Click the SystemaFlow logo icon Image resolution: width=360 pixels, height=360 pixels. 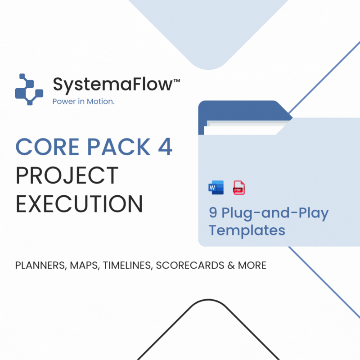29,89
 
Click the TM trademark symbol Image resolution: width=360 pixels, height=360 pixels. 176,81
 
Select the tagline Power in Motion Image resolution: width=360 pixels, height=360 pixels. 83,101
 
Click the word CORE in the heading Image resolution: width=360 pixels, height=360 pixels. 47,147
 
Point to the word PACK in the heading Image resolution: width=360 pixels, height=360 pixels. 119,147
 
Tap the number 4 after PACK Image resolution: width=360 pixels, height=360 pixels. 165,147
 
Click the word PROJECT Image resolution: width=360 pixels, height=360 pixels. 67,175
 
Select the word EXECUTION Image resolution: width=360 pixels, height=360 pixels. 80,204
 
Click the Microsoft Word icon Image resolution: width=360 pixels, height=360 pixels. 216,188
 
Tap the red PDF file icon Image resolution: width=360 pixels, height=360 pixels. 239,188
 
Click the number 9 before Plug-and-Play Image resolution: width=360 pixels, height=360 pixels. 213,212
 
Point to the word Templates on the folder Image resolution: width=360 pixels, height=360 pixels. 247,230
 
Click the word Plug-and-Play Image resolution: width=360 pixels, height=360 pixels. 275,213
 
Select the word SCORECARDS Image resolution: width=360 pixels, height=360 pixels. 190,265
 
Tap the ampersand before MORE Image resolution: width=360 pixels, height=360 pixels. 231,265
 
